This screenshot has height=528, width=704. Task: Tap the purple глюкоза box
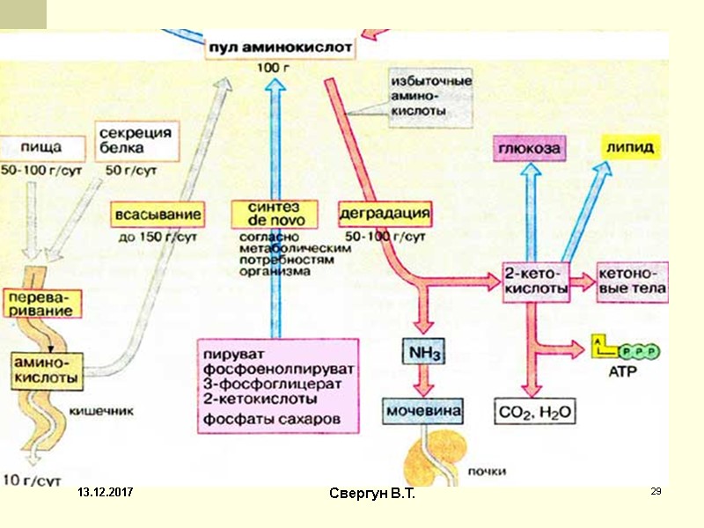[529, 149]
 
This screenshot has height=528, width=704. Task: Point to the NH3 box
[423, 353]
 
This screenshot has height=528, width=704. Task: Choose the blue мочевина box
[422, 410]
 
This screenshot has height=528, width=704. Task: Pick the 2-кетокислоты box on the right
[535, 282]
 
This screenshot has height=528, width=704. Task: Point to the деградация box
[385, 214]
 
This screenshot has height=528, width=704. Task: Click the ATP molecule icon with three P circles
[627, 350]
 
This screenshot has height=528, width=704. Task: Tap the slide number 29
[655, 491]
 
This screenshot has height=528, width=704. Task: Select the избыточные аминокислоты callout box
[430, 96]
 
